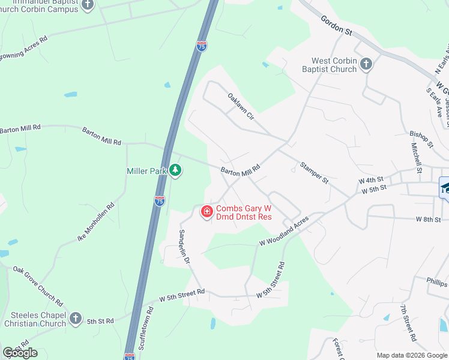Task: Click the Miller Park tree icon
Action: pyautogui.click(x=175, y=171)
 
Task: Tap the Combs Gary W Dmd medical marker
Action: pyautogui.click(x=206, y=212)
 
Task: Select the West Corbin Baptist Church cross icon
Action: pyautogui.click(x=366, y=63)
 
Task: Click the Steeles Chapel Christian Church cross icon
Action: pyautogui.click(x=75, y=319)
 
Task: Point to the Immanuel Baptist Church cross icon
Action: pyautogui.click(x=88, y=5)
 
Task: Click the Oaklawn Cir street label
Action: pyautogui.click(x=241, y=106)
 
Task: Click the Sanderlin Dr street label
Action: pyautogui.click(x=184, y=247)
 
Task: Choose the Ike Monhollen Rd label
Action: pyautogui.click(x=95, y=223)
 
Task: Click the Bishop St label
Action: pyautogui.click(x=421, y=139)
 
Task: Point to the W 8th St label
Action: pyautogui.click(x=429, y=220)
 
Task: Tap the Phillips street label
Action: pyautogui.click(x=437, y=282)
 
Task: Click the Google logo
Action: pyautogui.click(x=20, y=352)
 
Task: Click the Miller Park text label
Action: pyautogui.click(x=146, y=171)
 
